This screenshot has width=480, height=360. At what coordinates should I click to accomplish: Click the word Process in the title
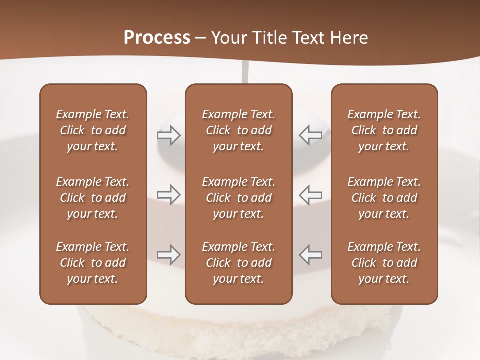pyautogui.click(x=157, y=38)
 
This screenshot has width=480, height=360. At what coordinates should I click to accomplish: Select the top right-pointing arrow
pyautogui.click(x=168, y=135)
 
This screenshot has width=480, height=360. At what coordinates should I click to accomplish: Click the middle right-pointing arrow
pyautogui.click(x=168, y=193)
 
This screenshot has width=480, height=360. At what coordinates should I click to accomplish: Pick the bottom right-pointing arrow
pyautogui.click(x=168, y=254)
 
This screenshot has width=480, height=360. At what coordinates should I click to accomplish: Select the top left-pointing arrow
pyautogui.click(x=310, y=135)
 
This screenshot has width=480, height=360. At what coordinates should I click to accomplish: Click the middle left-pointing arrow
pyautogui.click(x=310, y=193)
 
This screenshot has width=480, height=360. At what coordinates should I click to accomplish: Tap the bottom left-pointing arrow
pyautogui.click(x=310, y=254)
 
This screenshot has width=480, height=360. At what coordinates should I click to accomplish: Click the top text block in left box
pyautogui.click(x=93, y=130)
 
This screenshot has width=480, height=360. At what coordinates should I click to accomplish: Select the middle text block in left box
pyautogui.click(x=93, y=198)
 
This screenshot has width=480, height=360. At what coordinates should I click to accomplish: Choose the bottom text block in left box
pyautogui.click(x=93, y=263)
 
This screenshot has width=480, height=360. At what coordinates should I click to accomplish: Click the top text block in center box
pyautogui.click(x=238, y=130)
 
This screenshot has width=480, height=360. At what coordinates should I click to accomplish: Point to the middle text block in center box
pyautogui.click(x=238, y=198)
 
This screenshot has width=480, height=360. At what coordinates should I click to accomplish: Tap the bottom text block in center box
pyautogui.click(x=238, y=263)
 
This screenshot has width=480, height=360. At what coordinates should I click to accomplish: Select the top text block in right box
pyautogui.click(x=384, y=130)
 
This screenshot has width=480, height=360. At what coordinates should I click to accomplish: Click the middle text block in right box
pyautogui.click(x=384, y=198)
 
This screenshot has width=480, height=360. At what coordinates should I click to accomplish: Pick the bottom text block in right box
pyautogui.click(x=384, y=263)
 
